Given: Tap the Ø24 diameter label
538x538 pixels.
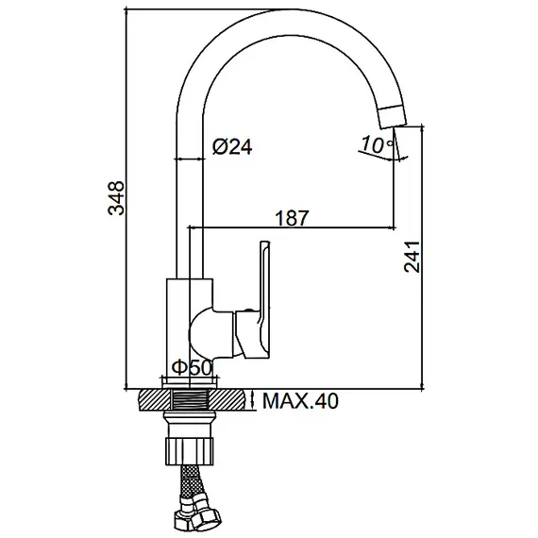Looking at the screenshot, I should click(x=232, y=146).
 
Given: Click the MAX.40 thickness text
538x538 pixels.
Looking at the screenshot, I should click(x=301, y=402).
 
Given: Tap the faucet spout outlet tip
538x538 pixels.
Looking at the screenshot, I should click(x=390, y=115).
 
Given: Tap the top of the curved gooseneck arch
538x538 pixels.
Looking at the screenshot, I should click(x=283, y=23).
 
